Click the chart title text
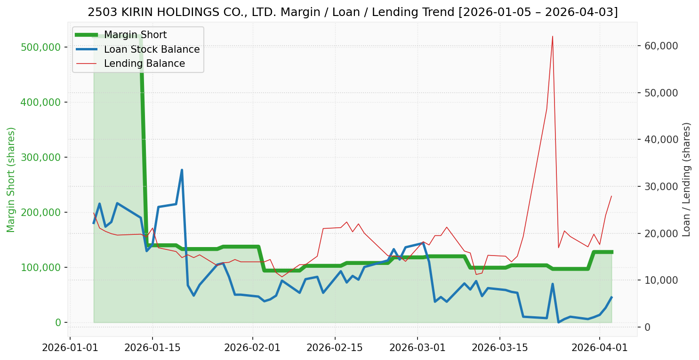pos(353,12)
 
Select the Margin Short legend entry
pos(135,35)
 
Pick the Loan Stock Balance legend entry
pos(152,49)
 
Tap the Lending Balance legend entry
pos(144,64)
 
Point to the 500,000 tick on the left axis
pos(41,47)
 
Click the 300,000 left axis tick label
pos(41,157)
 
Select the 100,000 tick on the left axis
pos(41,267)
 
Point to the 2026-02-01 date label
pos(253,348)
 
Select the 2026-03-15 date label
pos(499,348)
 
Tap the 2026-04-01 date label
pos(600,348)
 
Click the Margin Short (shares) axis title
pos(11,180)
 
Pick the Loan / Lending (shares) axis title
pos(686,179)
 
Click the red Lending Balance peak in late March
pos(552,36)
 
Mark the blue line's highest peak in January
pos(182,170)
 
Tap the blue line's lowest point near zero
pos(558,322)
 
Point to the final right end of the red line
pos(611,196)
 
